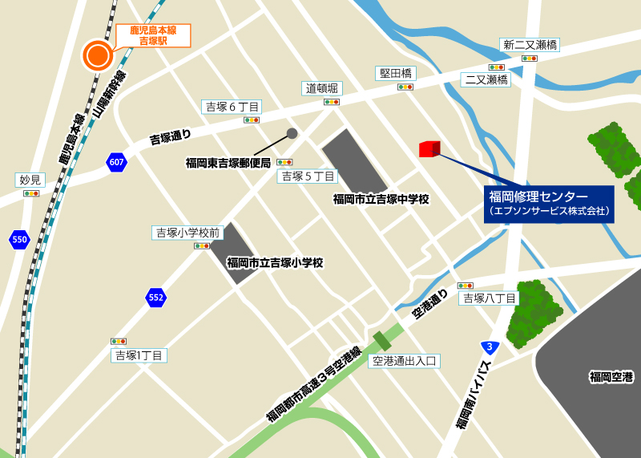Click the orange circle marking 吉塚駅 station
pyautogui.click(x=98, y=55)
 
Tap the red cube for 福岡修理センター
pyautogui.click(x=429, y=148)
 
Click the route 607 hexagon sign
pyautogui.click(x=116, y=163)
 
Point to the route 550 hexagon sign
pyautogui.click(x=19, y=239)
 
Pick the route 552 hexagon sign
pyautogui.click(x=156, y=298)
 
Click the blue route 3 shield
pyautogui.click(x=489, y=347)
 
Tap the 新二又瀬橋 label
pyautogui.click(x=529, y=45)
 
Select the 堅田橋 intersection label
pyautogui.click(x=396, y=73)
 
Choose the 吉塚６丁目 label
pyautogui.click(x=232, y=107)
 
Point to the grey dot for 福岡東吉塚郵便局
pyautogui.click(x=292, y=133)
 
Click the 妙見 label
pyautogui.click(x=30, y=180)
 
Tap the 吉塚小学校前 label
pyautogui.click(x=187, y=233)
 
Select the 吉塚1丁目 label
pyautogui.click(x=139, y=355)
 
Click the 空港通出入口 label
pyautogui.click(x=404, y=361)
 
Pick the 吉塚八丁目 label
pyautogui.click(x=489, y=298)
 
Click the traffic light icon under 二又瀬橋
pyautogui.click(x=497, y=67)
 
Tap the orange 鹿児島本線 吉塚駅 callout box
pyautogui.click(x=153, y=34)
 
